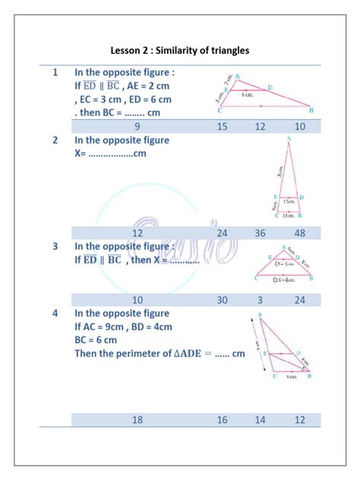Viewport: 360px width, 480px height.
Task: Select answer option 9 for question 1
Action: (x=137, y=127)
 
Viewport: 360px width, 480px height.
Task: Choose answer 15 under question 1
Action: (x=222, y=127)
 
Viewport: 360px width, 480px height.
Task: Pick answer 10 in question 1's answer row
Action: (x=300, y=127)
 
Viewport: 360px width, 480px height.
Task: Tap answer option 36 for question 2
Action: (x=261, y=233)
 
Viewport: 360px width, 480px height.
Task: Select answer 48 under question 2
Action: (x=300, y=233)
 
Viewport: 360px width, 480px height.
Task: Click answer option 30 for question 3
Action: (x=222, y=300)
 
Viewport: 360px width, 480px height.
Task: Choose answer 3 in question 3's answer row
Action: (x=261, y=300)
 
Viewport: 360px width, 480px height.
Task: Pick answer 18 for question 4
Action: (x=137, y=419)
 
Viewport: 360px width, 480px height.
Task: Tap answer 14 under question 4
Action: (x=261, y=419)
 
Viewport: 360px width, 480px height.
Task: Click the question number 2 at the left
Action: (x=55, y=141)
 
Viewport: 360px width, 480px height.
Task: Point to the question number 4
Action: (x=55, y=313)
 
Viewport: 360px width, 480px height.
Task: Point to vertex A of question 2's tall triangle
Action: (x=289, y=139)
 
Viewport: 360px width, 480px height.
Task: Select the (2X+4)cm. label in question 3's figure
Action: (x=286, y=279)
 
